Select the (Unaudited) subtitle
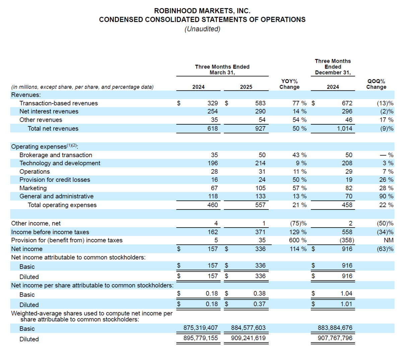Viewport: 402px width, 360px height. [x=202, y=29]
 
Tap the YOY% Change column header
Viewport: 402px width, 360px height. [x=289, y=84]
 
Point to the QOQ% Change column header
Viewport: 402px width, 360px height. [x=376, y=84]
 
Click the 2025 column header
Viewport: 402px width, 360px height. [x=246, y=87]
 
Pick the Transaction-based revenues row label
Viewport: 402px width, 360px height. [x=59, y=103]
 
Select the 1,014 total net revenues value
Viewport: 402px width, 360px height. [x=344, y=128]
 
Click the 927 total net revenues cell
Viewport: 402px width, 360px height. [x=260, y=128]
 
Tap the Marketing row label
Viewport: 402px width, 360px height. [x=33, y=188]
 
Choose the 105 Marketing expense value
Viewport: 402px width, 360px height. [x=260, y=188]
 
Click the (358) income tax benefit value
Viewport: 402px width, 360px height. [x=347, y=240]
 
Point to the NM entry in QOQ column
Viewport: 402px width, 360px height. [x=389, y=240]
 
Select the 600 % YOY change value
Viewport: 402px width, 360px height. [x=297, y=240]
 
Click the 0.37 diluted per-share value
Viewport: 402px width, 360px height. [x=259, y=304]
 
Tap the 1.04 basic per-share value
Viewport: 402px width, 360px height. [x=346, y=294]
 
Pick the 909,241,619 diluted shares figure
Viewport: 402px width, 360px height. [x=248, y=338]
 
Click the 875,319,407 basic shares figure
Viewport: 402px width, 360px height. [x=200, y=327]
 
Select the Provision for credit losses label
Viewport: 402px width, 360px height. [x=55, y=180]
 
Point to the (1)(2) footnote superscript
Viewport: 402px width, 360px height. [x=71, y=145]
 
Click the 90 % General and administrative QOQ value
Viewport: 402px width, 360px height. [x=386, y=196]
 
